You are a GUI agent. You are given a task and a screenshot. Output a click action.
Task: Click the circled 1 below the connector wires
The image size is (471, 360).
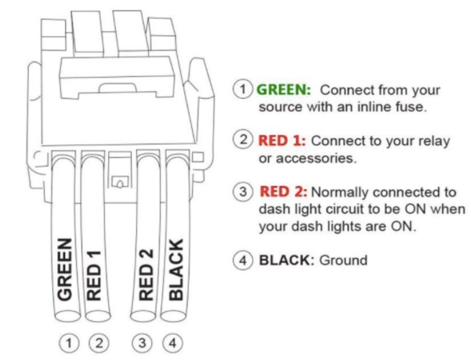[x=70, y=344]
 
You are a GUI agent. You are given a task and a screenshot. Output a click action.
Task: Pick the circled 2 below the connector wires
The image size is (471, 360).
[x=98, y=344]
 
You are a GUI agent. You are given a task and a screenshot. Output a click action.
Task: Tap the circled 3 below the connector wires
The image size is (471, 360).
[x=142, y=344]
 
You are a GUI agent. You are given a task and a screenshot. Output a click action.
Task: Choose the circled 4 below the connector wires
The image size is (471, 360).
[x=172, y=344]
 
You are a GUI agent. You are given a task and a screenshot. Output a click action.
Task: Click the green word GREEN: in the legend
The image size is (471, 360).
[x=284, y=90]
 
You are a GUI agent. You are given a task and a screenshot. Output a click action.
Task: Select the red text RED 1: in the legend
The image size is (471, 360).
[x=282, y=141]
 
